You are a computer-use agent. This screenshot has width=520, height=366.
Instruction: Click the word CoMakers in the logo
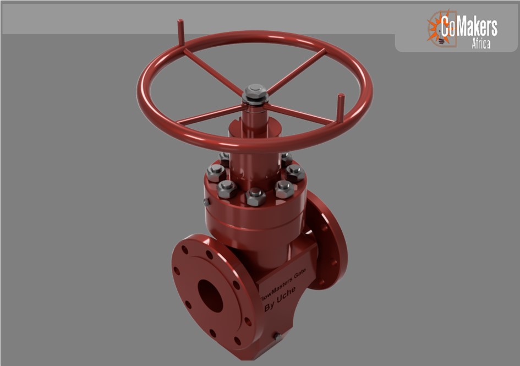(x=469, y=26)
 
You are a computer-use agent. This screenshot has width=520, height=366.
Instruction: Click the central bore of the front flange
(x=210, y=296)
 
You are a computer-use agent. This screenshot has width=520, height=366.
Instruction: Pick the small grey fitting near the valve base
(x=277, y=336)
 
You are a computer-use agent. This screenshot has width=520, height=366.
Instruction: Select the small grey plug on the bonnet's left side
(x=206, y=202)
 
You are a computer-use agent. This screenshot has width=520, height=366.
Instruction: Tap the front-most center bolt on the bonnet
(x=256, y=196)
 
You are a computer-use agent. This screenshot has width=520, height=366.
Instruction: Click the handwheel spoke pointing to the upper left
(x=212, y=70)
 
